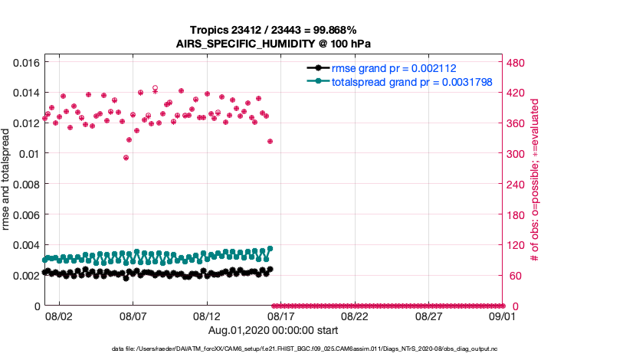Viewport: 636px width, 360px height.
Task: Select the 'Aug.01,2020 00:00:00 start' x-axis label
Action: [274, 330]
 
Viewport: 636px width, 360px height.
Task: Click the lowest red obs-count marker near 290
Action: [126, 158]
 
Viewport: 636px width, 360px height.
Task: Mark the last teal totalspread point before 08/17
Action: [270, 248]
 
